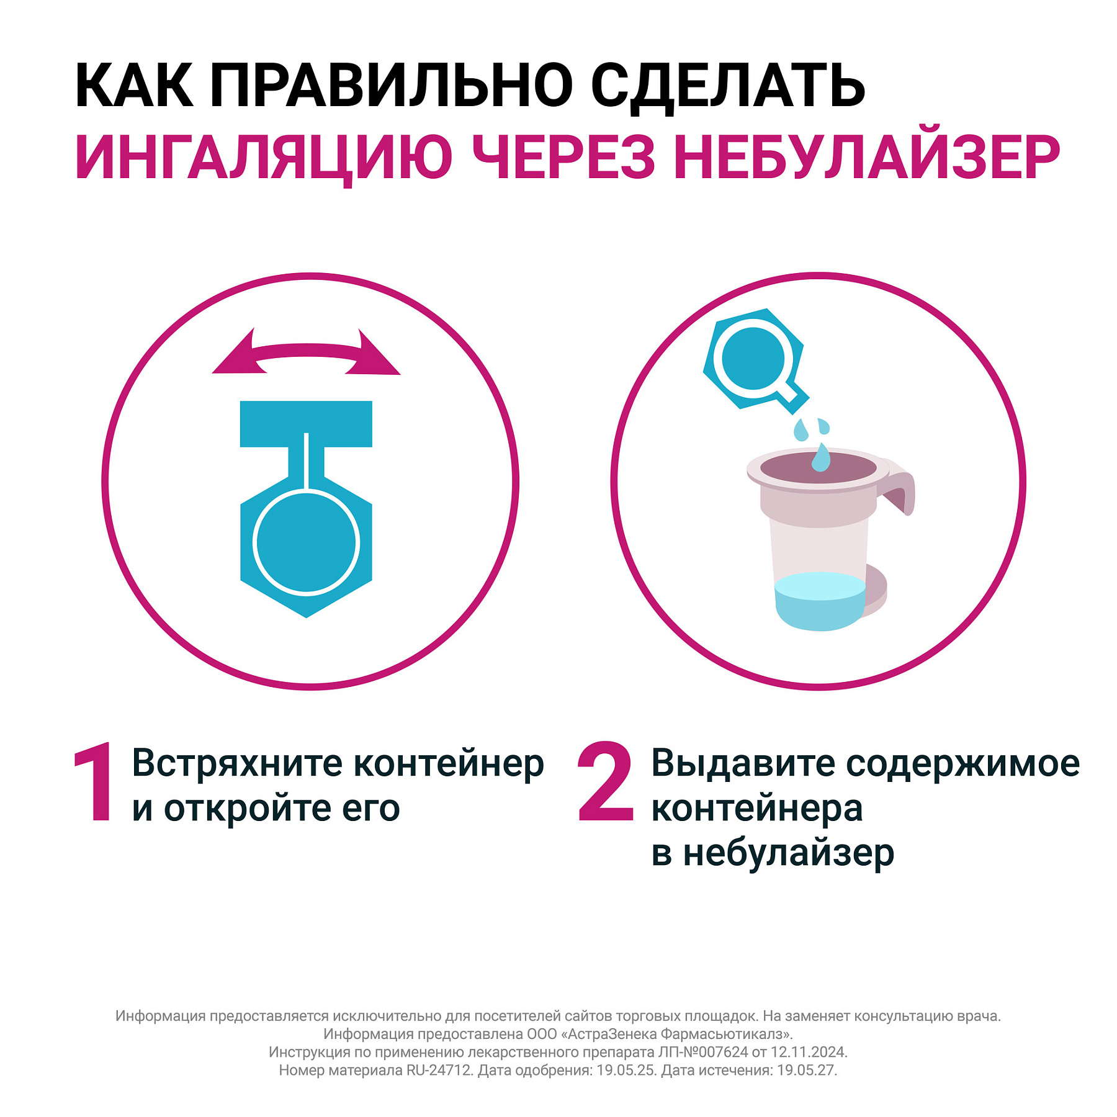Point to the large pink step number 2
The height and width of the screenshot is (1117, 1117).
pyautogui.click(x=605, y=783)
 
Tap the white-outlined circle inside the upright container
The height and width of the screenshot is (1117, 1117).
pyautogui.click(x=307, y=542)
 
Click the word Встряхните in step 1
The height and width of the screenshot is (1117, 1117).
pyautogui.click(x=236, y=763)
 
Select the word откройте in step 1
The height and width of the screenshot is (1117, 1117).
pyautogui.click(x=247, y=809)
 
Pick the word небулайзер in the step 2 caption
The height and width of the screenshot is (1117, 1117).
pyautogui.click(x=788, y=854)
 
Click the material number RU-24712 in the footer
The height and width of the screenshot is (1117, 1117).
pyautogui.click(x=439, y=1070)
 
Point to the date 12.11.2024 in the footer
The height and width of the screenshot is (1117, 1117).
pyautogui.click(x=808, y=1052)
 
